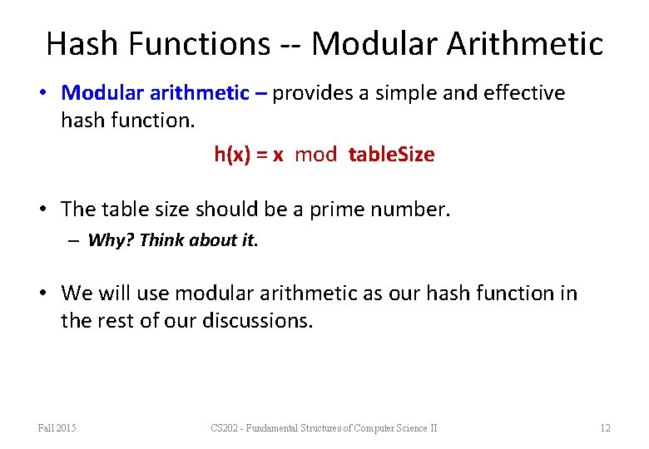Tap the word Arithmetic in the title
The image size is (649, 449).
pos(525,43)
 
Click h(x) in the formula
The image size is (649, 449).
pos(234,155)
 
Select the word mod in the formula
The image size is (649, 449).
pos(316,155)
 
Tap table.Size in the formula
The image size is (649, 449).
pos(391,155)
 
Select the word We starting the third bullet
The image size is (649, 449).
pos(77,294)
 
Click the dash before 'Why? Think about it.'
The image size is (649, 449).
pos(74,240)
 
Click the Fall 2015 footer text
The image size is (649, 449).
pos(57,428)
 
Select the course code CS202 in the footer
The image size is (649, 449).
pos(225,428)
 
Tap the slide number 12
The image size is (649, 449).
pos(605,428)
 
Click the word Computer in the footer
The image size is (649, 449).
pos(379,428)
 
